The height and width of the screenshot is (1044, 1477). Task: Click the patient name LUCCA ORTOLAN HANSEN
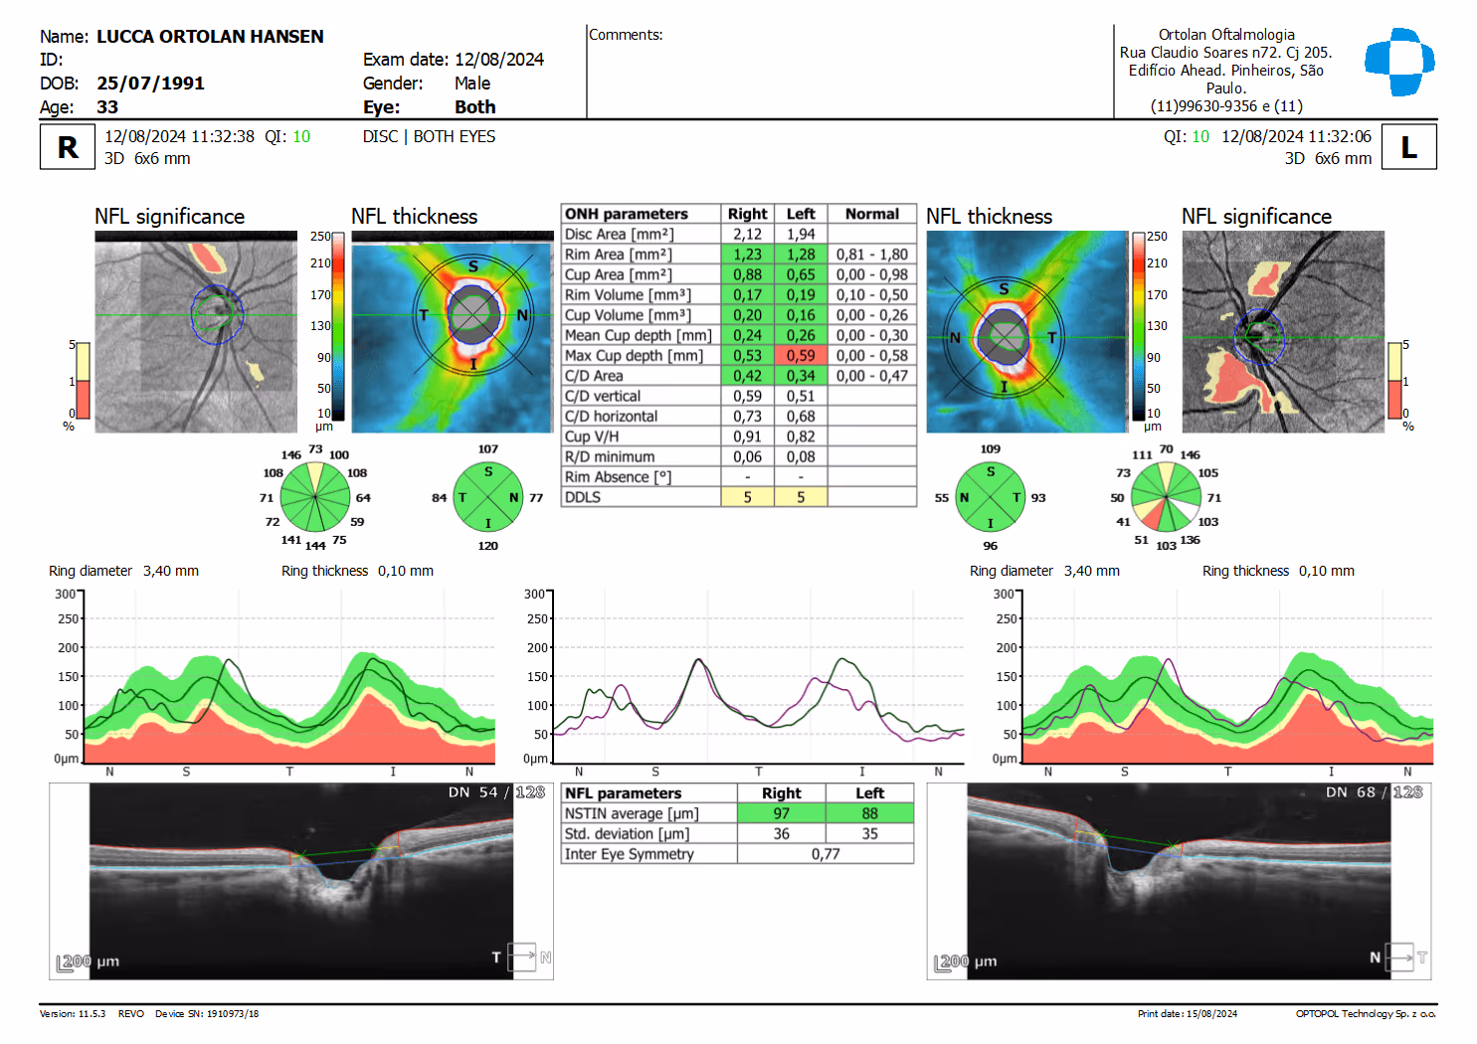pos(210,37)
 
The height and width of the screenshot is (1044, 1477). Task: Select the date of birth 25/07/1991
pos(150,84)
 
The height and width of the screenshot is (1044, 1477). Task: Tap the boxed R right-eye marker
pos(68,147)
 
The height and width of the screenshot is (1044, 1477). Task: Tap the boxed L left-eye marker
pos(1408,147)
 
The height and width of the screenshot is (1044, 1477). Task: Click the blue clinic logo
pos(1398,62)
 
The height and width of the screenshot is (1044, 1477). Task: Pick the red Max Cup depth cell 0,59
pos(801,356)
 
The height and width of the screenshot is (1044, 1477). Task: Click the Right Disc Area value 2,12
pos(747,235)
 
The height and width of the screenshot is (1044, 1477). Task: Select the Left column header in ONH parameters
pos(801,214)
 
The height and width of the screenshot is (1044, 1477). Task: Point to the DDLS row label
pos(583,497)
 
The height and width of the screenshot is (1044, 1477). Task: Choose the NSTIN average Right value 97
pos(782,813)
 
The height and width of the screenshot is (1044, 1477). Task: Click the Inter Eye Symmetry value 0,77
pos(826,854)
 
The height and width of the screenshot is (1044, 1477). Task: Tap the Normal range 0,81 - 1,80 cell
pos(871,255)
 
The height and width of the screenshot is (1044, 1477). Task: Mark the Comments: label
pos(626,35)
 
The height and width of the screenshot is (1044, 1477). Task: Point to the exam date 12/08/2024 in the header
pos(499,60)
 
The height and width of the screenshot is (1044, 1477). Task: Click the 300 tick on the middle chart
pos(534,594)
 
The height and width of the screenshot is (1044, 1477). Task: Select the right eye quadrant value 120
pos(487,546)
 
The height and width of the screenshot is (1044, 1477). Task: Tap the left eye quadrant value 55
pos(942,498)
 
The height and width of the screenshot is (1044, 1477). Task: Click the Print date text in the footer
pos(1187,1014)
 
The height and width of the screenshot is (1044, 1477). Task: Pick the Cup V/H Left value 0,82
pos(801,436)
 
